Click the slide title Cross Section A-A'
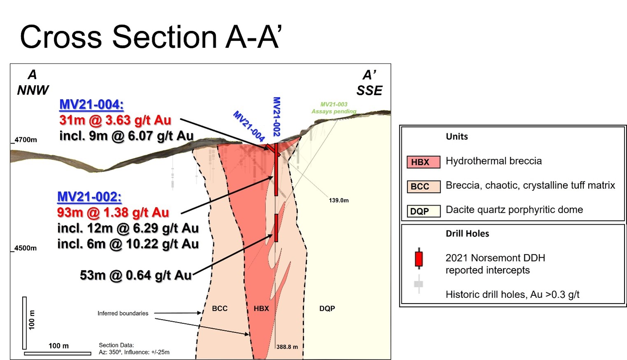click(151, 37)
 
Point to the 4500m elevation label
click(25, 248)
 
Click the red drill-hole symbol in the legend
click(419, 259)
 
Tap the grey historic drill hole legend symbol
click(419, 284)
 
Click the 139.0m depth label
click(339, 200)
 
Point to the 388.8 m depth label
click(287, 347)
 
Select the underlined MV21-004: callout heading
click(91, 105)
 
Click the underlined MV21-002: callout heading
click(89, 197)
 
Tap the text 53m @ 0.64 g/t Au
click(136, 275)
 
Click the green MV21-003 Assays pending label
click(334, 108)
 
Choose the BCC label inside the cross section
click(220, 308)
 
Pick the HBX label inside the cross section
click(261, 308)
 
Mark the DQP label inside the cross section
click(327, 308)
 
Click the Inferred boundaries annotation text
click(123, 313)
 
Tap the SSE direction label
click(369, 91)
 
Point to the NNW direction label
click(33, 90)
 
